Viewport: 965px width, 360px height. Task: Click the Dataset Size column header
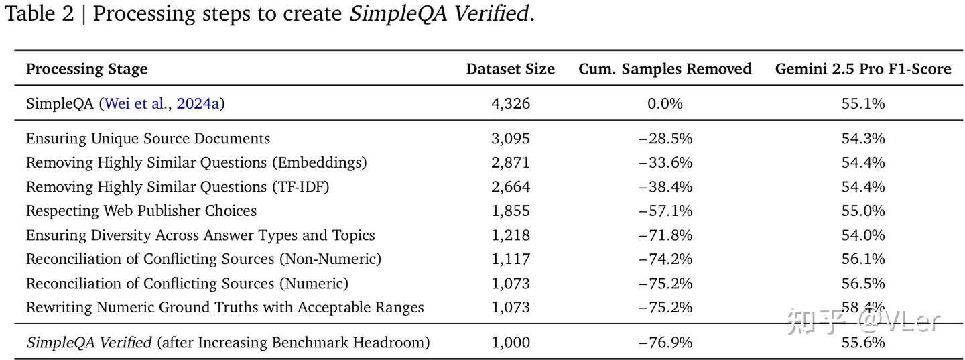[x=510, y=69]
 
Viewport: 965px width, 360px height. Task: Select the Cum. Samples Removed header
[x=665, y=69]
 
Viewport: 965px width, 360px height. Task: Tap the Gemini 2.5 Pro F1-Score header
[x=862, y=69]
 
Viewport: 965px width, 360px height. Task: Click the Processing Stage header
[x=86, y=69]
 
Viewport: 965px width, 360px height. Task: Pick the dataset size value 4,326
[x=511, y=103]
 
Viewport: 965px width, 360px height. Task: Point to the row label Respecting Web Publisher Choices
[x=141, y=211]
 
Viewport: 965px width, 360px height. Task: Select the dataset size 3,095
[x=511, y=139]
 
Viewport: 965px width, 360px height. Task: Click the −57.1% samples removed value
[x=665, y=211]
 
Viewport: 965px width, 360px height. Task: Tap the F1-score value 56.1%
[x=863, y=259]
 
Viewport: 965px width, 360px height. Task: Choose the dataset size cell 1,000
[x=511, y=343]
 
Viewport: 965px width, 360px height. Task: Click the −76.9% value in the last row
[x=665, y=343]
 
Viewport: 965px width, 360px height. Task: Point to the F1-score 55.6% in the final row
[x=863, y=343]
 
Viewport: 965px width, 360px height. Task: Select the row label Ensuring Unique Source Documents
[x=148, y=139]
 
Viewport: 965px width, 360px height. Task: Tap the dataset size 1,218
[x=511, y=235]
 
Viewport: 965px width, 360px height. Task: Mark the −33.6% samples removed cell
[x=665, y=162]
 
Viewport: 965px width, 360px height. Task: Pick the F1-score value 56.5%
[x=863, y=283]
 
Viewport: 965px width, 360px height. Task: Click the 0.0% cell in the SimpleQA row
[x=665, y=103]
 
